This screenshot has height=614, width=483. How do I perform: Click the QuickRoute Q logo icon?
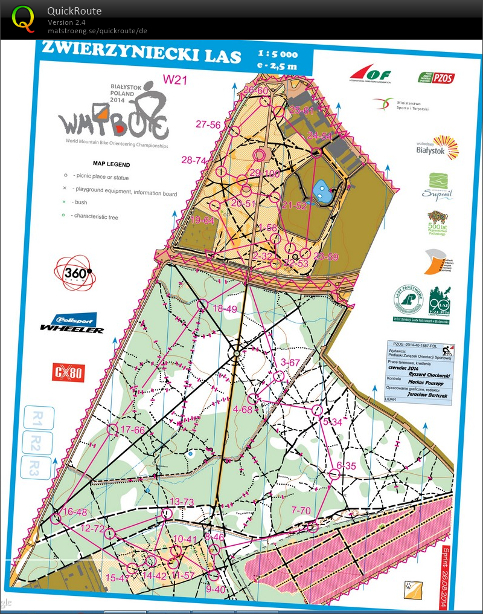click(x=24, y=18)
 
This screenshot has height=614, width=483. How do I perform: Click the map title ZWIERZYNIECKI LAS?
click(x=140, y=53)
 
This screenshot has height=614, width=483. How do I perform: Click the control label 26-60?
click(x=255, y=91)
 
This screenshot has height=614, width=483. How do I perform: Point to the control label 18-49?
click(x=225, y=309)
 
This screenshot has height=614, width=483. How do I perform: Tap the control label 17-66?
click(x=133, y=430)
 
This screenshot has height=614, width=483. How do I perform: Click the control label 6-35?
click(x=347, y=465)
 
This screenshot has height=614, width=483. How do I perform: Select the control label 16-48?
click(x=75, y=512)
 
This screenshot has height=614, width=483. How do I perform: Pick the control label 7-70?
click(x=301, y=511)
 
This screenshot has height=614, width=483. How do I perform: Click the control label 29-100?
click(x=263, y=173)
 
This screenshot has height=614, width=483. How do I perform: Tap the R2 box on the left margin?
click(x=37, y=441)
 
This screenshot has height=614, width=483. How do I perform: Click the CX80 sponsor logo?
click(x=67, y=372)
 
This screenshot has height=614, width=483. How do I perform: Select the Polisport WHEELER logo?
click(x=71, y=323)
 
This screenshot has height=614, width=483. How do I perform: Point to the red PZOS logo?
click(x=437, y=77)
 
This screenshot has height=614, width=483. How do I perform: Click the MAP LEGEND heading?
click(x=111, y=164)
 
